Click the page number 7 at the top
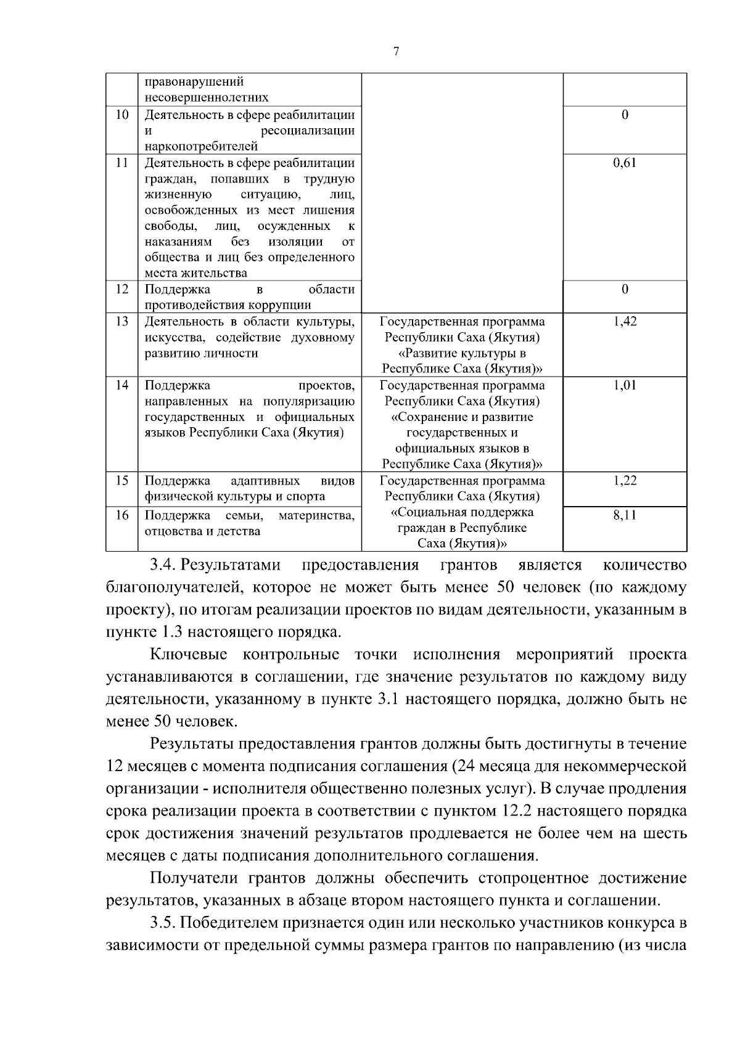pos(396,52)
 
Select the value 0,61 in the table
pos(625,163)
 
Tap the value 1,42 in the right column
pos(625,321)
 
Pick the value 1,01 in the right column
pos(625,385)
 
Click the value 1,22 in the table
pos(625,481)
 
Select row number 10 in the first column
pos(122,115)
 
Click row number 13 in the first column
pos(122,321)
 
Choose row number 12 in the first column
pos(122,289)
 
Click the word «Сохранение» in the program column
pos(430,417)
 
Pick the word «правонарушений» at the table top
pos(194,82)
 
